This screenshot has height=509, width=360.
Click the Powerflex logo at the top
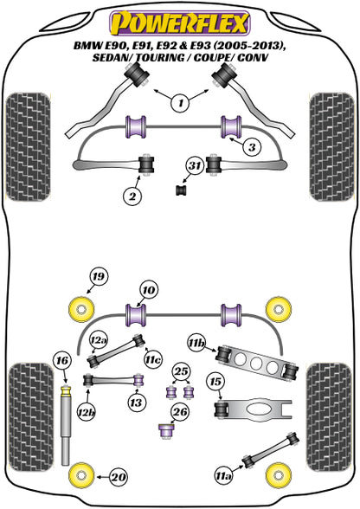tap(180, 23)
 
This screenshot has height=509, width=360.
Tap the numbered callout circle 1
tap(181, 103)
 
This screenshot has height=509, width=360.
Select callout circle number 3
tap(252, 148)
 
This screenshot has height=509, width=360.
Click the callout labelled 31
tap(195, 165)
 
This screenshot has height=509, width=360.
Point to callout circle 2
tap(132, 196)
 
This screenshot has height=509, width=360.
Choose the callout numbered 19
tap(99, 277)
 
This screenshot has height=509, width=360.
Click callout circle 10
tap(149, 290)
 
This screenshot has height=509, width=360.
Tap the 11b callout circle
tap(196, 343)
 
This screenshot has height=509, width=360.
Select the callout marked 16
tap(62, 360)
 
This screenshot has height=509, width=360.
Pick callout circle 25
tap(181, 371)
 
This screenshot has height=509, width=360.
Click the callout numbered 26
tap(180, 412)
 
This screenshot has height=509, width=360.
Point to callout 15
tap(215, 382)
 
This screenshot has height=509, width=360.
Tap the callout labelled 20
tap(119, 477)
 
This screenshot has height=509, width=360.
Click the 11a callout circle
tap(224, 476)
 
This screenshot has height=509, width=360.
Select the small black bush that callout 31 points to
tap(182, 190)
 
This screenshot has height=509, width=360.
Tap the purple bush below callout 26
tap(167, 431)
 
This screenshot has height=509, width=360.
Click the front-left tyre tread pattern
tap(28, 147)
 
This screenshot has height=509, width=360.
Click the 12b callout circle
tap(87, 412)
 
